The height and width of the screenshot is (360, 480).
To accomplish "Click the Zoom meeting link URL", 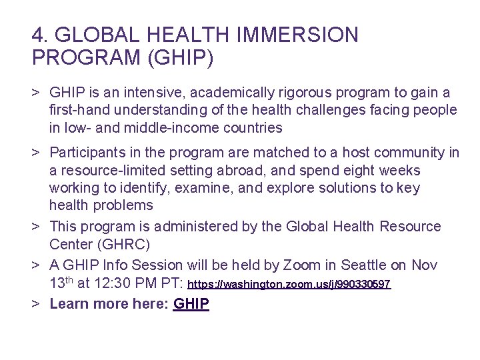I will [x=289, y=285].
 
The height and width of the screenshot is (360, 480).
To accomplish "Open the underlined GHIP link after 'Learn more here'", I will [x=191, y=305].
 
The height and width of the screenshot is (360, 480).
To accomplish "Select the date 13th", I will [x=61, y=283].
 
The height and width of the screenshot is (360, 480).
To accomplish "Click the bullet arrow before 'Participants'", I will [x=37, y=153].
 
